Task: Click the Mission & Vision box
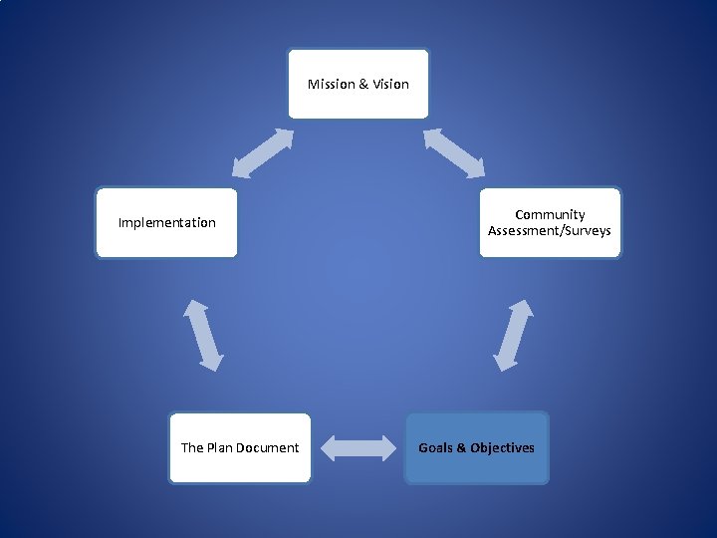pyautogui.click(x=358, y=84)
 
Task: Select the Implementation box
pyautogui.click(x=166, y=223)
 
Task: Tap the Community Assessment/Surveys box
pyautogui.click(x=550, y=223)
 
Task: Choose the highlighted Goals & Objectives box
pyautogui.click(x=476, y=448)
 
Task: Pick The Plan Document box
pyautogui.click(x=239, y=448)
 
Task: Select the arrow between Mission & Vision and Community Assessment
pyautogui.click(x=454, y=153)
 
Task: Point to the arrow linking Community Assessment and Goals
pyautogui.click(x=514, y=336)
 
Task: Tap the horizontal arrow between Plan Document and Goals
pyautogui.click(x=358, y=447)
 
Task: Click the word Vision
pyautogui.click(x=390, y=84)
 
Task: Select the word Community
pyautogui.click(x=550, y=215)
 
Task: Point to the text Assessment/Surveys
pyautogui.click(x=550, y=231)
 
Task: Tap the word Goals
pyautogui.click(x=435, y=448)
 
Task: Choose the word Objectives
pyautogui.click(x=502, y=448)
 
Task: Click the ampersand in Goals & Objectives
pyautogui.click(x=461, y=448)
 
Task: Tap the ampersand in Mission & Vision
pyautogui.click(x=363, y=84)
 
